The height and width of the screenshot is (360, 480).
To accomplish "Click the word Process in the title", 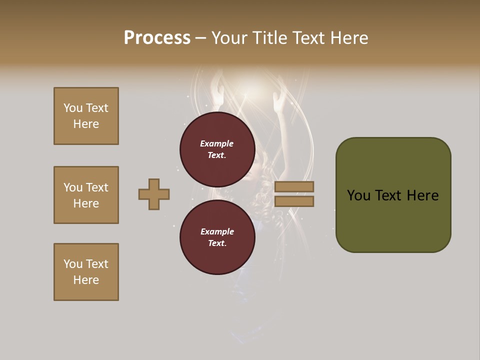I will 157,38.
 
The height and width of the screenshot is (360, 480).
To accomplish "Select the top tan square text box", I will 86,116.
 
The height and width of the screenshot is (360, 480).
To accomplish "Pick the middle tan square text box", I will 86,195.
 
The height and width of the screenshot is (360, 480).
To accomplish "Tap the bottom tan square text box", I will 86,272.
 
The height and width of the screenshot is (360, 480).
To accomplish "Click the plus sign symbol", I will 154,194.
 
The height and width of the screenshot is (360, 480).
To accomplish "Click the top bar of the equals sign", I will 294,186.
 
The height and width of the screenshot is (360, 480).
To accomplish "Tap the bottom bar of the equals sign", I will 294,201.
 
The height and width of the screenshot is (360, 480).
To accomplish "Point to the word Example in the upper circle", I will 217,143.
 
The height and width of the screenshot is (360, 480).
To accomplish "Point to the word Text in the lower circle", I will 217,243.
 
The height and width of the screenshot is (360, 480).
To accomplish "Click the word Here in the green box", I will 422,195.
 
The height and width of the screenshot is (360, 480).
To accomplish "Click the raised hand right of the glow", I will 278,102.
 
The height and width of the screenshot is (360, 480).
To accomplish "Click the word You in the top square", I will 72,108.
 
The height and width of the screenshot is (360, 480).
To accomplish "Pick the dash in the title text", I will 200,38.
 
